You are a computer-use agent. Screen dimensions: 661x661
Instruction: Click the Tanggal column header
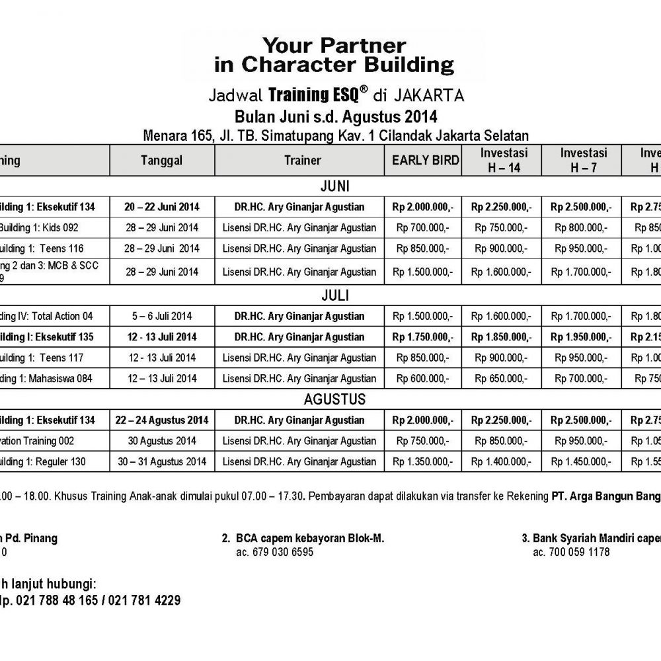point(161,160)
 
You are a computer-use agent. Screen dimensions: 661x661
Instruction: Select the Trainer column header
point(302,160)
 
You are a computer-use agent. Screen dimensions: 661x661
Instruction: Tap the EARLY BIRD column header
point(422,160)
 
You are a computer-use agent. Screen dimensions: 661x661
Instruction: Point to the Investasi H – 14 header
point(501,160)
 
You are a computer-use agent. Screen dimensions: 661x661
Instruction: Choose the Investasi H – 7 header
point(581,160)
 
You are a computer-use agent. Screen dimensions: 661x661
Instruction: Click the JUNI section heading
point(334,184)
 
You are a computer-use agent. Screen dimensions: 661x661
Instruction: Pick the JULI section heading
point(334,294)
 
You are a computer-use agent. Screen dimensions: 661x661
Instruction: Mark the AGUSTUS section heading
point(334,399)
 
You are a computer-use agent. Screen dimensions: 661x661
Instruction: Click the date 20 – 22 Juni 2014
point(161,207)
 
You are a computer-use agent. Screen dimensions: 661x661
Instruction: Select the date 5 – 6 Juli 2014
point(161,316)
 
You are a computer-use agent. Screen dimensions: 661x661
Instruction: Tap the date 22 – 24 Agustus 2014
point(161,420)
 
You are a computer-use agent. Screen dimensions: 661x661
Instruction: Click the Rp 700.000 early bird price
point(422,228)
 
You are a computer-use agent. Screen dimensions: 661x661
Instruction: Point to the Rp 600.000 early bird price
point(422,379)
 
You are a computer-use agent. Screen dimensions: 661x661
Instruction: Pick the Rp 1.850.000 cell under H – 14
point(501,337)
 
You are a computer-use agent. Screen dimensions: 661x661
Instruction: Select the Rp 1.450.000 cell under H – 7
point(581,461)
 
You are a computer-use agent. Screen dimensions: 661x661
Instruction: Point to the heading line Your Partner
point(334,46)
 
